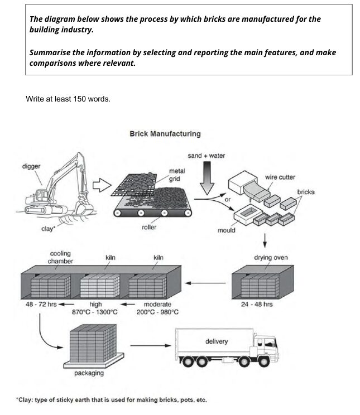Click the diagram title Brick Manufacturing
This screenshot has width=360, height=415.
point(165,134)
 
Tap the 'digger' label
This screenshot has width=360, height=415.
point(31,166)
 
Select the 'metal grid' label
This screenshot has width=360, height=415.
point(177,175)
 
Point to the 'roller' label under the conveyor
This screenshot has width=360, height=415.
point(149,228)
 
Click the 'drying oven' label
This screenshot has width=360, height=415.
point(271,258)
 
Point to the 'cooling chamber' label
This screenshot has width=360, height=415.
point(60,258)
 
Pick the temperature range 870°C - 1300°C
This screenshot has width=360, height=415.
point(95,312)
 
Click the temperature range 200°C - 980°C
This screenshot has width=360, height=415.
point(157,312)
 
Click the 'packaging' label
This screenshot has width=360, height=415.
point(89,373)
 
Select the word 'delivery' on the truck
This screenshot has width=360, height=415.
point(217,341)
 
